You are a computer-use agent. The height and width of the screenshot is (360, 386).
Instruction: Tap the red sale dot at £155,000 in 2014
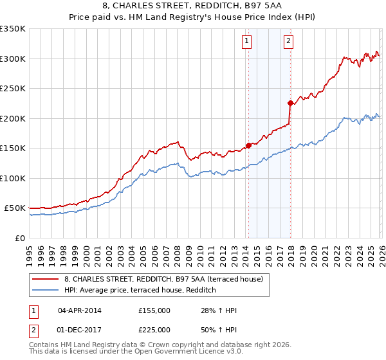pos(248,145)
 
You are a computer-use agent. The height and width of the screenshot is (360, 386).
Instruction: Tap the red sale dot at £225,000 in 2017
pos(290,103)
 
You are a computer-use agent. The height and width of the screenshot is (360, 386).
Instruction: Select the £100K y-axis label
pos(13,178)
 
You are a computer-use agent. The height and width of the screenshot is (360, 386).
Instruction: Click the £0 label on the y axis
pos(19,238)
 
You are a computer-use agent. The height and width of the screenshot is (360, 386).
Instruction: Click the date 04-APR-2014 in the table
pos(79,310)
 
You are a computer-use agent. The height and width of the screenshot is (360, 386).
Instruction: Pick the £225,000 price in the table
pos(154,330)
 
